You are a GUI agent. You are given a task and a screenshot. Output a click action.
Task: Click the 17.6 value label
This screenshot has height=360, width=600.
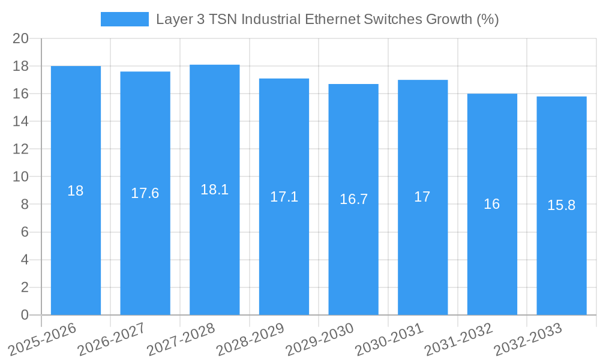coord(145,193)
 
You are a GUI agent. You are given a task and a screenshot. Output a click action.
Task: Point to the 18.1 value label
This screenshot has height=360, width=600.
coord(214,190)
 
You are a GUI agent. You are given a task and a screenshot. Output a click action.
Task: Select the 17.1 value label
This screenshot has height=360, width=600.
coord(284,197)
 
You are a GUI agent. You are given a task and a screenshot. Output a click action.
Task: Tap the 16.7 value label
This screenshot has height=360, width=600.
coord(353,200)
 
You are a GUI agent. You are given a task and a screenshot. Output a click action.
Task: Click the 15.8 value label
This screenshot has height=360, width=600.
coord(561,205)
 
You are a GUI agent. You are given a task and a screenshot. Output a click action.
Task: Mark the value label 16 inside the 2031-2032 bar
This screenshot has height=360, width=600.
coord(492,204)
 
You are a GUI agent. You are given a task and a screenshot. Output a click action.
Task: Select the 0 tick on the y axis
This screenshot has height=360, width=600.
coord(25,315)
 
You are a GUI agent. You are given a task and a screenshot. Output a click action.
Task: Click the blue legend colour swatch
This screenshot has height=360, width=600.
coord(124,19)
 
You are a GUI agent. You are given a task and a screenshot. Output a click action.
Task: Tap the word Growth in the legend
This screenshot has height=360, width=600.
coord(449,19)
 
